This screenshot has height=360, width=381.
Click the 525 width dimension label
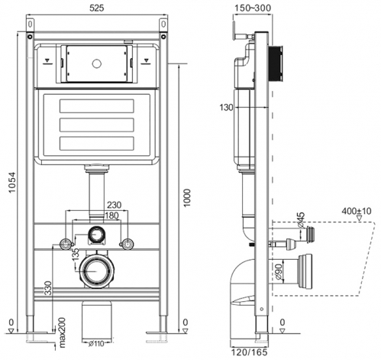(97, 8)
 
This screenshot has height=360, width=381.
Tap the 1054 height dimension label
(12, 183)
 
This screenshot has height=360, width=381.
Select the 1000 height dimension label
(187, 198)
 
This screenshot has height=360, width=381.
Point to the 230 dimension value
(115, 205)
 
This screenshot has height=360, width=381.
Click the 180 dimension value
(112, 216)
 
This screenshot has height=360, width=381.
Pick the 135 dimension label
(76, 255)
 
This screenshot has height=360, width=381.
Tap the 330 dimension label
(48, 288)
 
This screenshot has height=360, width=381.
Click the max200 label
(62, 332)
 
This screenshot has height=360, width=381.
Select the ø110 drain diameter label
(96, 344)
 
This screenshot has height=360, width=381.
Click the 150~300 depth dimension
(253, 8)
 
